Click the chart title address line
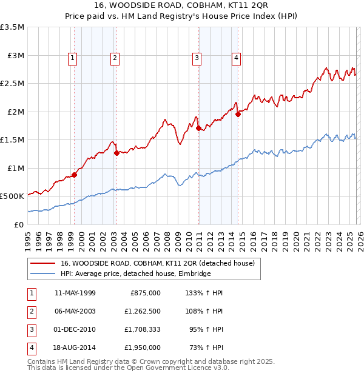click(x=182, y=6)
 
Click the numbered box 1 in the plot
click(x=73, y=58)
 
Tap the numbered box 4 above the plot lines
click(x=236, y=58)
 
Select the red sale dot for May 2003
click(x=116, y=153)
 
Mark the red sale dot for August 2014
click(x=238, y=114)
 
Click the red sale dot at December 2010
click(x=198, y=128)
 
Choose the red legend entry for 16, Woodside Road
click(x=161, y=264)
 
